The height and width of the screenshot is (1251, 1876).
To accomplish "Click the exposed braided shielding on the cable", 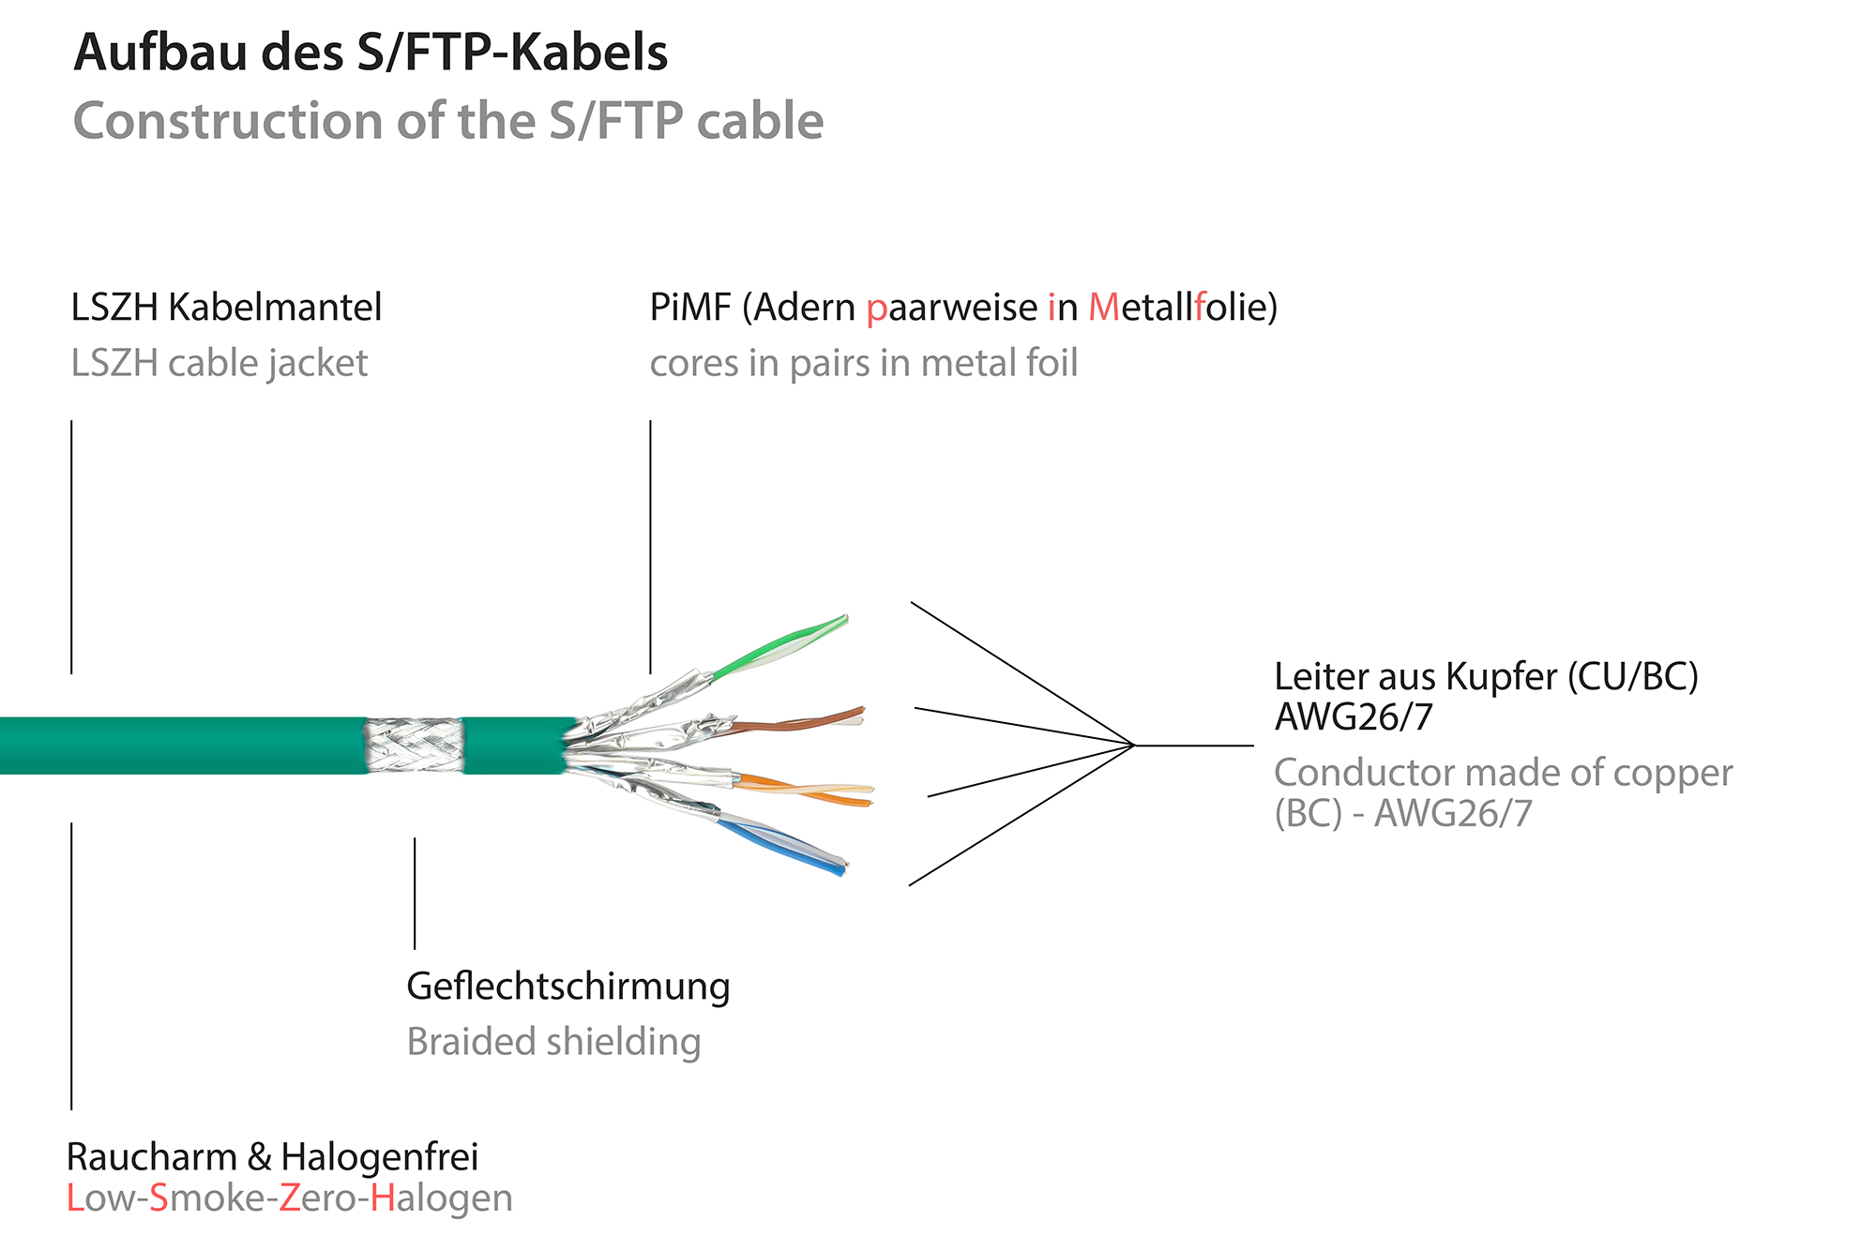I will [x=415, y=746].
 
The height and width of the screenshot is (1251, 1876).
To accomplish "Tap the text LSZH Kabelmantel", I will [x=226, y=308].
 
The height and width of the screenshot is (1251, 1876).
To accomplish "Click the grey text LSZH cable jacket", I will [x=219, y=364].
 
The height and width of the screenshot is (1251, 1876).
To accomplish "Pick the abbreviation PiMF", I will [x=689, y=308].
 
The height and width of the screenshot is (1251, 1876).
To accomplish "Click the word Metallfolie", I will [x=1182, y=308].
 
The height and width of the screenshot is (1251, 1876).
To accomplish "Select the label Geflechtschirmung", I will [x=567, y=987].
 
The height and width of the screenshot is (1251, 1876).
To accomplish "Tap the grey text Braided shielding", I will [x=553, y=1042].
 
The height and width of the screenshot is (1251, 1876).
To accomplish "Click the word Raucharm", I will [x=151, y=1157].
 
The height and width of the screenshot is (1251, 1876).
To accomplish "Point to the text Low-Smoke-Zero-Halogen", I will [x=289, y=1198].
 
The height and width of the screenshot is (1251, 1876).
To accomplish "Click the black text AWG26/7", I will [x=1354, y=717].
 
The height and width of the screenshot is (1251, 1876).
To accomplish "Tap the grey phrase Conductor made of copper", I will [x=1503, y=774].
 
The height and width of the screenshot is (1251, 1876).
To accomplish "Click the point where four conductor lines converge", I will [x=1135, y=746].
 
